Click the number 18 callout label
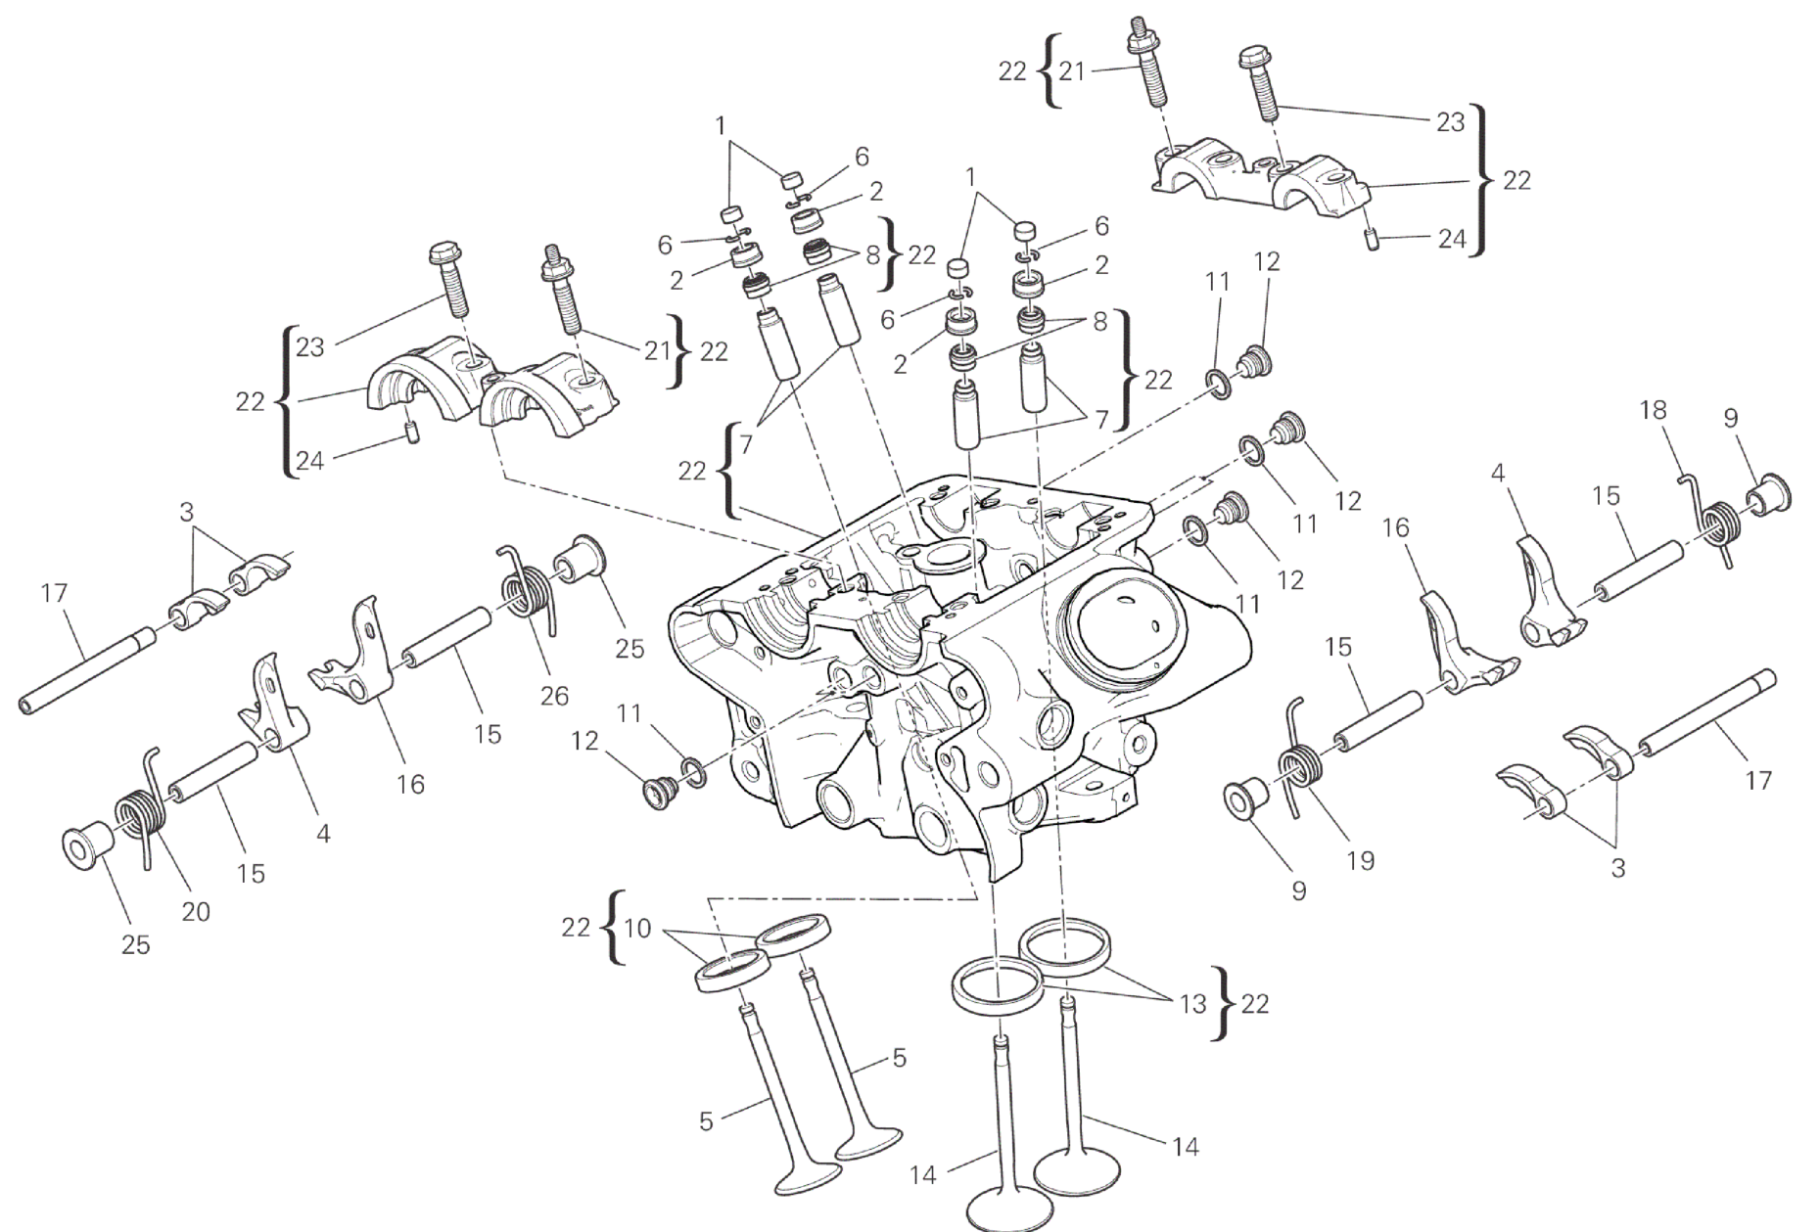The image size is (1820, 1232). [x=1653, y=410]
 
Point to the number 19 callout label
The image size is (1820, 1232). [x=1360, y=860]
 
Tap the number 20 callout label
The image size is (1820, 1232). [x=196, y=911]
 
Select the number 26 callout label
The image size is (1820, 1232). [x=553, y=696]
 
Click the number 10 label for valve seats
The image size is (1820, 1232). [x=637, y=928]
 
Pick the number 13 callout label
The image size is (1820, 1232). [x=1192, y=1004]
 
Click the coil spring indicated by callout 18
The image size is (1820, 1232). [x=1713, y=519]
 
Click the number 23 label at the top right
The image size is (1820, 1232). [x=1450, y=121]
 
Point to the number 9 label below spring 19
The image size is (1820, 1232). [x=1298, y=891]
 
